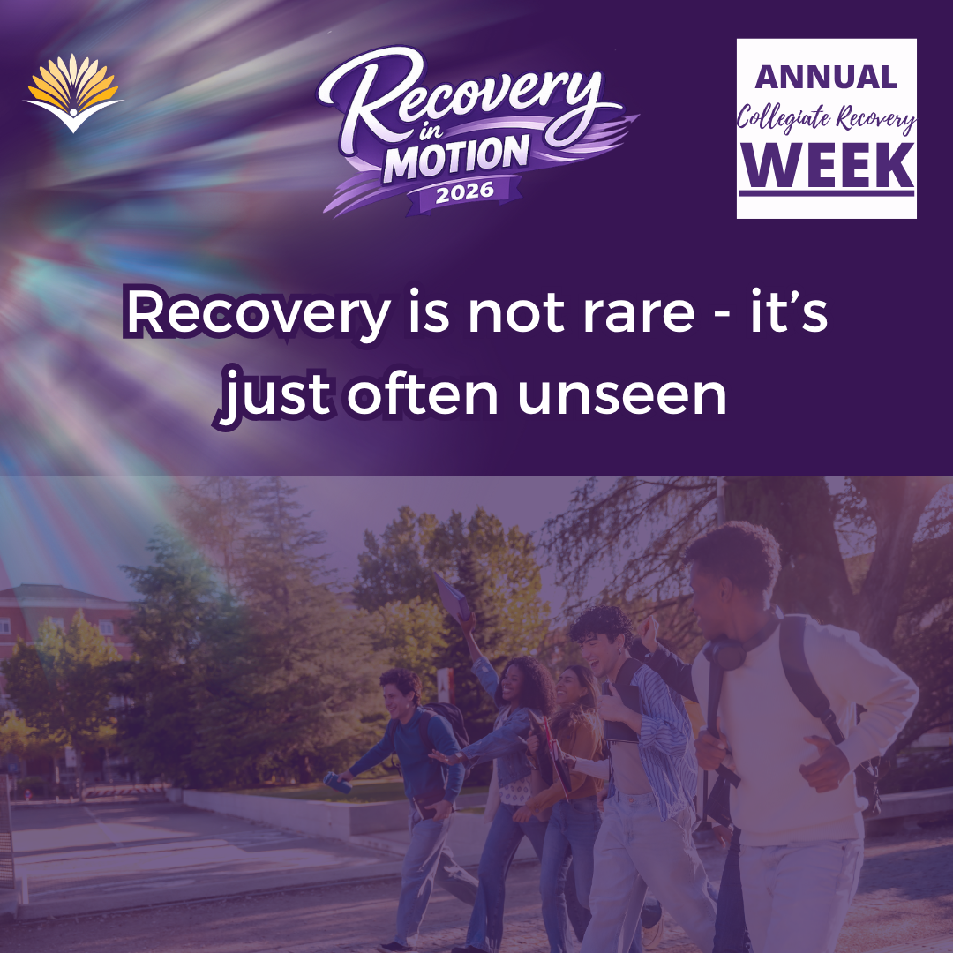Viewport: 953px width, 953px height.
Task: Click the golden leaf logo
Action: pyautogui.click(x=73, y=93)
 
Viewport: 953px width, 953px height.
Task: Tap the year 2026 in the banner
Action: pyautogui.click(x=465, y=192)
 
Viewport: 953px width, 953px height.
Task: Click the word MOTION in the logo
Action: pyautogui.click(x=456, y=158)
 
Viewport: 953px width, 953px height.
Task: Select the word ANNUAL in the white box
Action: pyautogui.click(x=826, y=77)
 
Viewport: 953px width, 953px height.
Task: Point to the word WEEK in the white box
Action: pyautogui.click(x=827, y=165)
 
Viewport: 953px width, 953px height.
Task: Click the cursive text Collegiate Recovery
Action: pyautogui.click(x=826, y=117)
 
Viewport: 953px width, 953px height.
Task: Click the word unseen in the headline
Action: pyautogui.click(x=622, y=396)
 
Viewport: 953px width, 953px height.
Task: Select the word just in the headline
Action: pyautogui.click(x=276, y=398)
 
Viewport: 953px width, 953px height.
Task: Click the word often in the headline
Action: pyautogui.click(x=423, y=395)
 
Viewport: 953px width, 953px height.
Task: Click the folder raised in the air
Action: pyautogui.click(x=453, y=597)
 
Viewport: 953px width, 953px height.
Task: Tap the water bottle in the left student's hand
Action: pyautogui.click(x=337, y=782)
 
